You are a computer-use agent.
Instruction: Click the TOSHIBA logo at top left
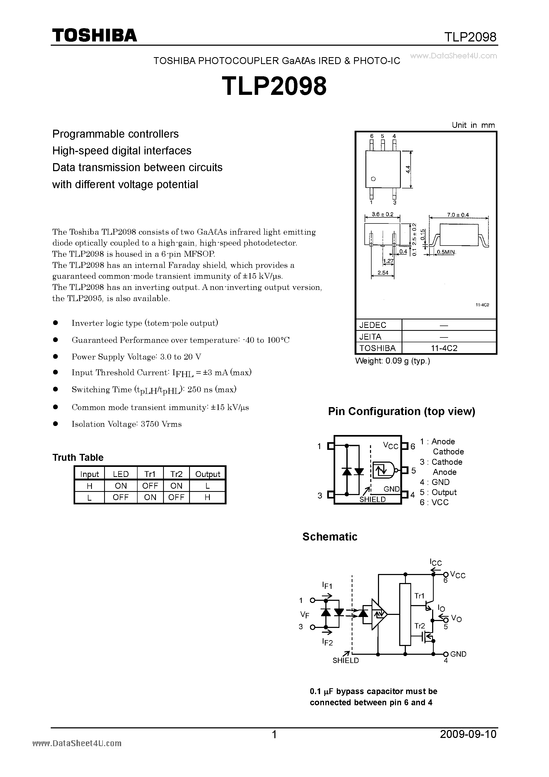pos(94,35)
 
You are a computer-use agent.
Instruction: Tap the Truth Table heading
pos(78,458)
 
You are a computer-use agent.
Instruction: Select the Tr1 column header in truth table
pos(150,474)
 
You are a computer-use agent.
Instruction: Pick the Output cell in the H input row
pos(207,486)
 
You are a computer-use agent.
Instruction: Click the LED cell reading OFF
pos(121,497)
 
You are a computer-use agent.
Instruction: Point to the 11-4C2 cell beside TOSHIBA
pos(449,348)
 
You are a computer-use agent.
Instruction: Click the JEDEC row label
pos(373,325)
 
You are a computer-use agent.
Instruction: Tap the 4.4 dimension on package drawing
pos(408,169)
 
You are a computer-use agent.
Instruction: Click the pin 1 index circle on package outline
pos(373,179)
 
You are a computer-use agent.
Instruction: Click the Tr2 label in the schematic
pos(419,626)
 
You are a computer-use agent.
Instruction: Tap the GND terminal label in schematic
pos(458,654)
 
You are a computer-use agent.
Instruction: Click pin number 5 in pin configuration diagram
pos(413,471)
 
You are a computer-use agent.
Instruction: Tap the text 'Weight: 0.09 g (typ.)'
pos(392,361)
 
